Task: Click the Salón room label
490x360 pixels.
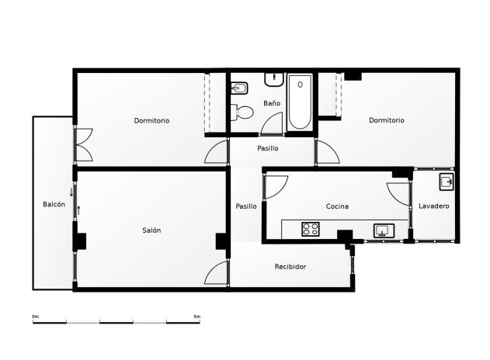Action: [151, 230]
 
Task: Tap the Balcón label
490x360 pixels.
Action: [54, 204]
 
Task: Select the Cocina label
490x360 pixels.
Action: [336, 206]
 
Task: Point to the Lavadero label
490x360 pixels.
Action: [433, 206]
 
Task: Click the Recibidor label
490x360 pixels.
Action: [290, 266]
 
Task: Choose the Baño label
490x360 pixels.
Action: [271, 102]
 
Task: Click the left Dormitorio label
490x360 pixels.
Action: [151, 120]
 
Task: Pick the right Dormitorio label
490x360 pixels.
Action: [387, 120]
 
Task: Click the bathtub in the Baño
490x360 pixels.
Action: [300, 102]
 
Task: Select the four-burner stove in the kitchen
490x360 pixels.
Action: [311, 229]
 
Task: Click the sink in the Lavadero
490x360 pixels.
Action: [447, 183]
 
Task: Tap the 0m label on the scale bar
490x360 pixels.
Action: [35, 317]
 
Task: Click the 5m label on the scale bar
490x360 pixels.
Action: [196, 317]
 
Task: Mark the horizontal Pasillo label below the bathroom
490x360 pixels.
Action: [268, 148]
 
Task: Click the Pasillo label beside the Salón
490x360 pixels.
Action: [246, 206]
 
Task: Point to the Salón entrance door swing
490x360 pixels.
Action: [216, 274]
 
